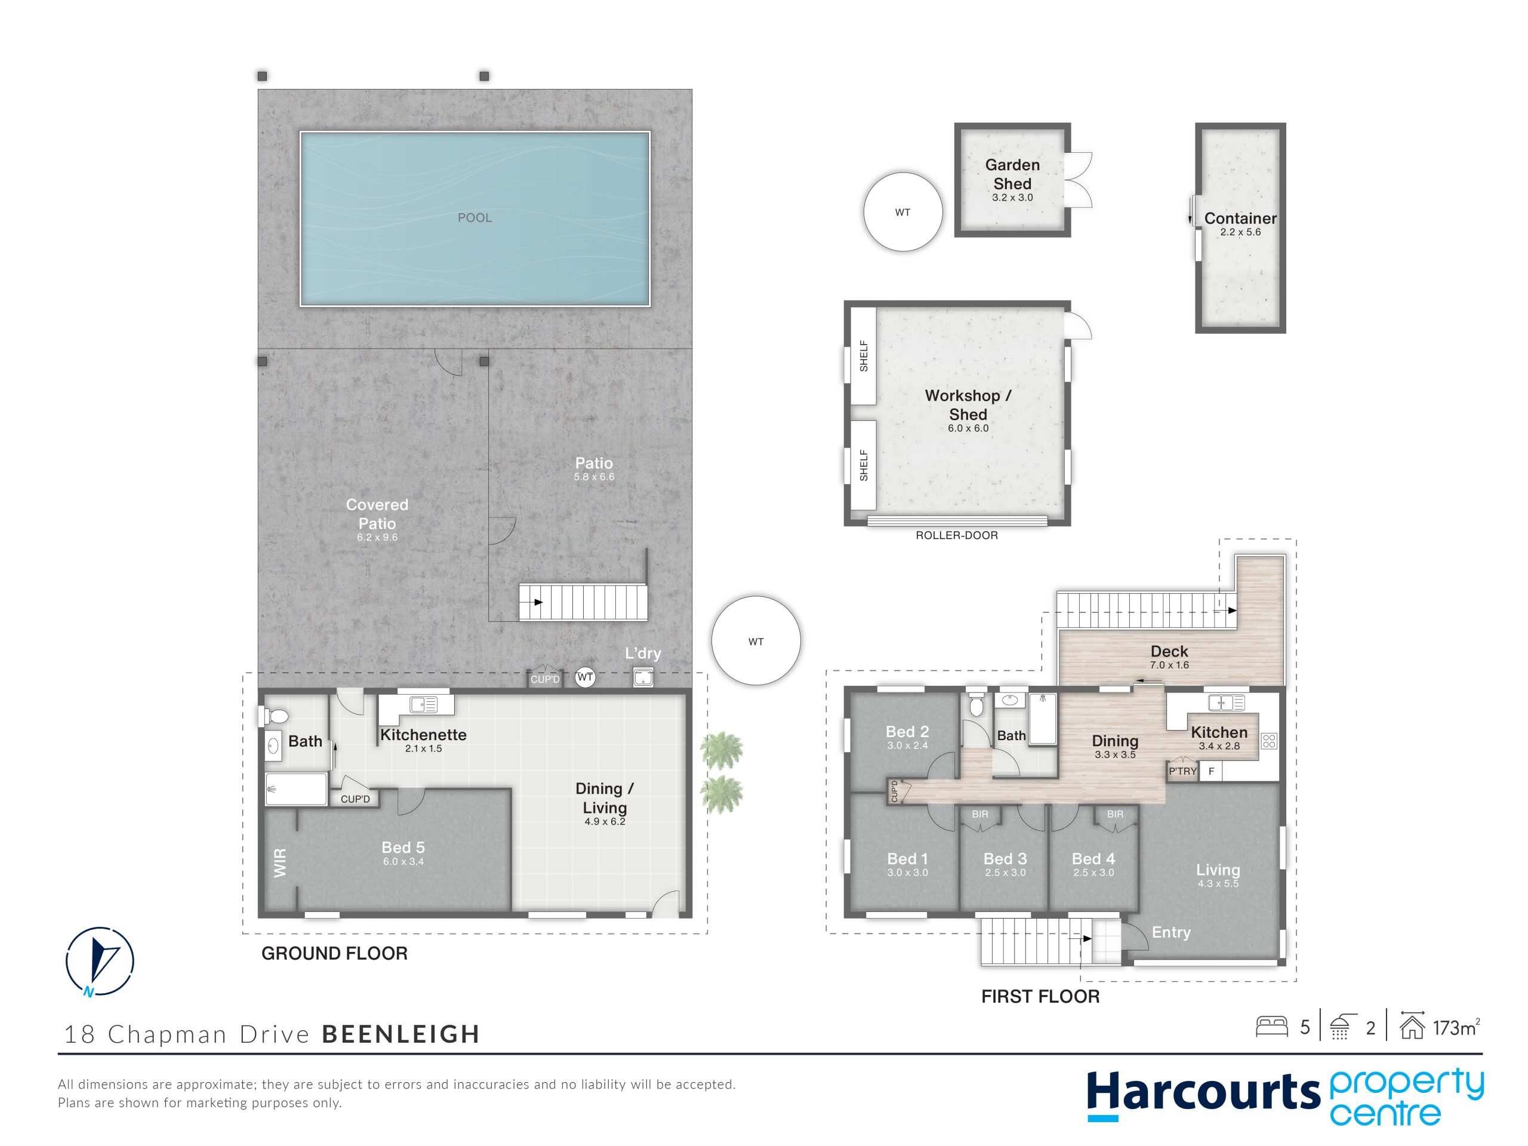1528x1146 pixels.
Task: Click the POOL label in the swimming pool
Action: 475,218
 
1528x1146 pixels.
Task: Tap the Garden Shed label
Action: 1012,174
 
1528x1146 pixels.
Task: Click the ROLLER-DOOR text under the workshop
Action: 957,535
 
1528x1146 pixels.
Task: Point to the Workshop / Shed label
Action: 968,405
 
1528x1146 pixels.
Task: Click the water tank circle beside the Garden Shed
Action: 903,212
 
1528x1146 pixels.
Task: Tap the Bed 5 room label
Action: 403,848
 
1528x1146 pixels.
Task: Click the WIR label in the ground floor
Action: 280,864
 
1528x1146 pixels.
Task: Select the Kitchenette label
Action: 423,735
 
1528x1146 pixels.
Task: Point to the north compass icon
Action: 100,962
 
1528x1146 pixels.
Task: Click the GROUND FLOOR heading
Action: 334,953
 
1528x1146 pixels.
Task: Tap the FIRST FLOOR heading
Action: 1040,996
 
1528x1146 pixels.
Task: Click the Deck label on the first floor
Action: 1169,651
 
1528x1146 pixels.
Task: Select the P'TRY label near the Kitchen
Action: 1182,771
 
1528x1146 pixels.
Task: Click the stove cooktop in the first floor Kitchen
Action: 1269,741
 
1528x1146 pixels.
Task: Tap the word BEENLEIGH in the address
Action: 401,1034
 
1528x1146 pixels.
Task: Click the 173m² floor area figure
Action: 1456,1028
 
